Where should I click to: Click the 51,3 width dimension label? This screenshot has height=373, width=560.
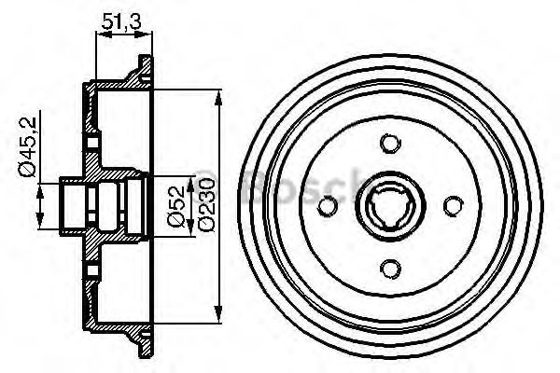click(122, 19)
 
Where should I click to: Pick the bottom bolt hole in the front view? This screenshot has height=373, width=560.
click(389, 270)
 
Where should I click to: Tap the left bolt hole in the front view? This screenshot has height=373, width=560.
click(326, 207)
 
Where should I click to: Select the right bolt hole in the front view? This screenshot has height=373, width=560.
click(453, 207)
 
